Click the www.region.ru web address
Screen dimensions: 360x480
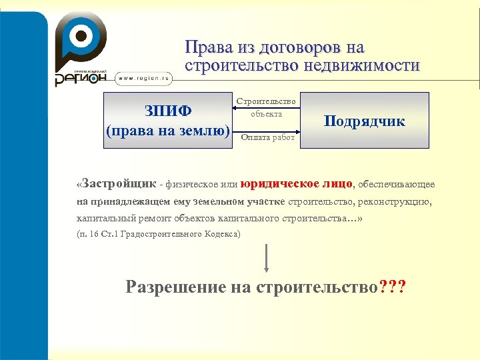(x=145, y=78)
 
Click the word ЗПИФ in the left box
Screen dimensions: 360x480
(x=168, y=110)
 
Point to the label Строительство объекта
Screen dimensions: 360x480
(x=266, y=107)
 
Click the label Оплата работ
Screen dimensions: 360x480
(x=267, y=137)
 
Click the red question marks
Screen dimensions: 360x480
(x=392, y=287)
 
